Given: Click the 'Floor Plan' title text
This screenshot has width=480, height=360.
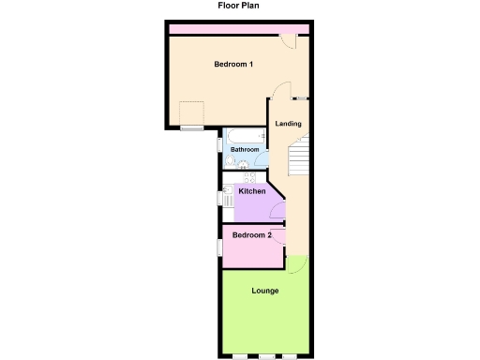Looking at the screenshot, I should point(239,6).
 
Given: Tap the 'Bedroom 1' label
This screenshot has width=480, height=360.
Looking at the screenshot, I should point(233,64).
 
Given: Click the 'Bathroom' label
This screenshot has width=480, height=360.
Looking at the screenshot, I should point(246,149).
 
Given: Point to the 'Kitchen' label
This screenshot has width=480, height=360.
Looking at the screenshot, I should point(252,191).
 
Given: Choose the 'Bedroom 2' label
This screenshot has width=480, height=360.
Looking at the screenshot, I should point(252,234).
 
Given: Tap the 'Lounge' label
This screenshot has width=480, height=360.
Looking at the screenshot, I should point(265,291).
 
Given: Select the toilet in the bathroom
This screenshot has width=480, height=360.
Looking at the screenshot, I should point(231,160).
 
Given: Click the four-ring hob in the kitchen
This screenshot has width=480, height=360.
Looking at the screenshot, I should point(249,175).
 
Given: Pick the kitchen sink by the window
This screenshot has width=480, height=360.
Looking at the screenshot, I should point(228,197).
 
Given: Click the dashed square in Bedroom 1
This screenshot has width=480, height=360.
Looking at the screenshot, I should point(192,112).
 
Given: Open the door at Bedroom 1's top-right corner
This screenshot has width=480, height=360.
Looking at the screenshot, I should point(292,40).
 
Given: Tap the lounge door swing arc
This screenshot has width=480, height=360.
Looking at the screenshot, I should point(294,262).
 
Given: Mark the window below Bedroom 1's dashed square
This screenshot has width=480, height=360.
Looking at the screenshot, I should point(192,127).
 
